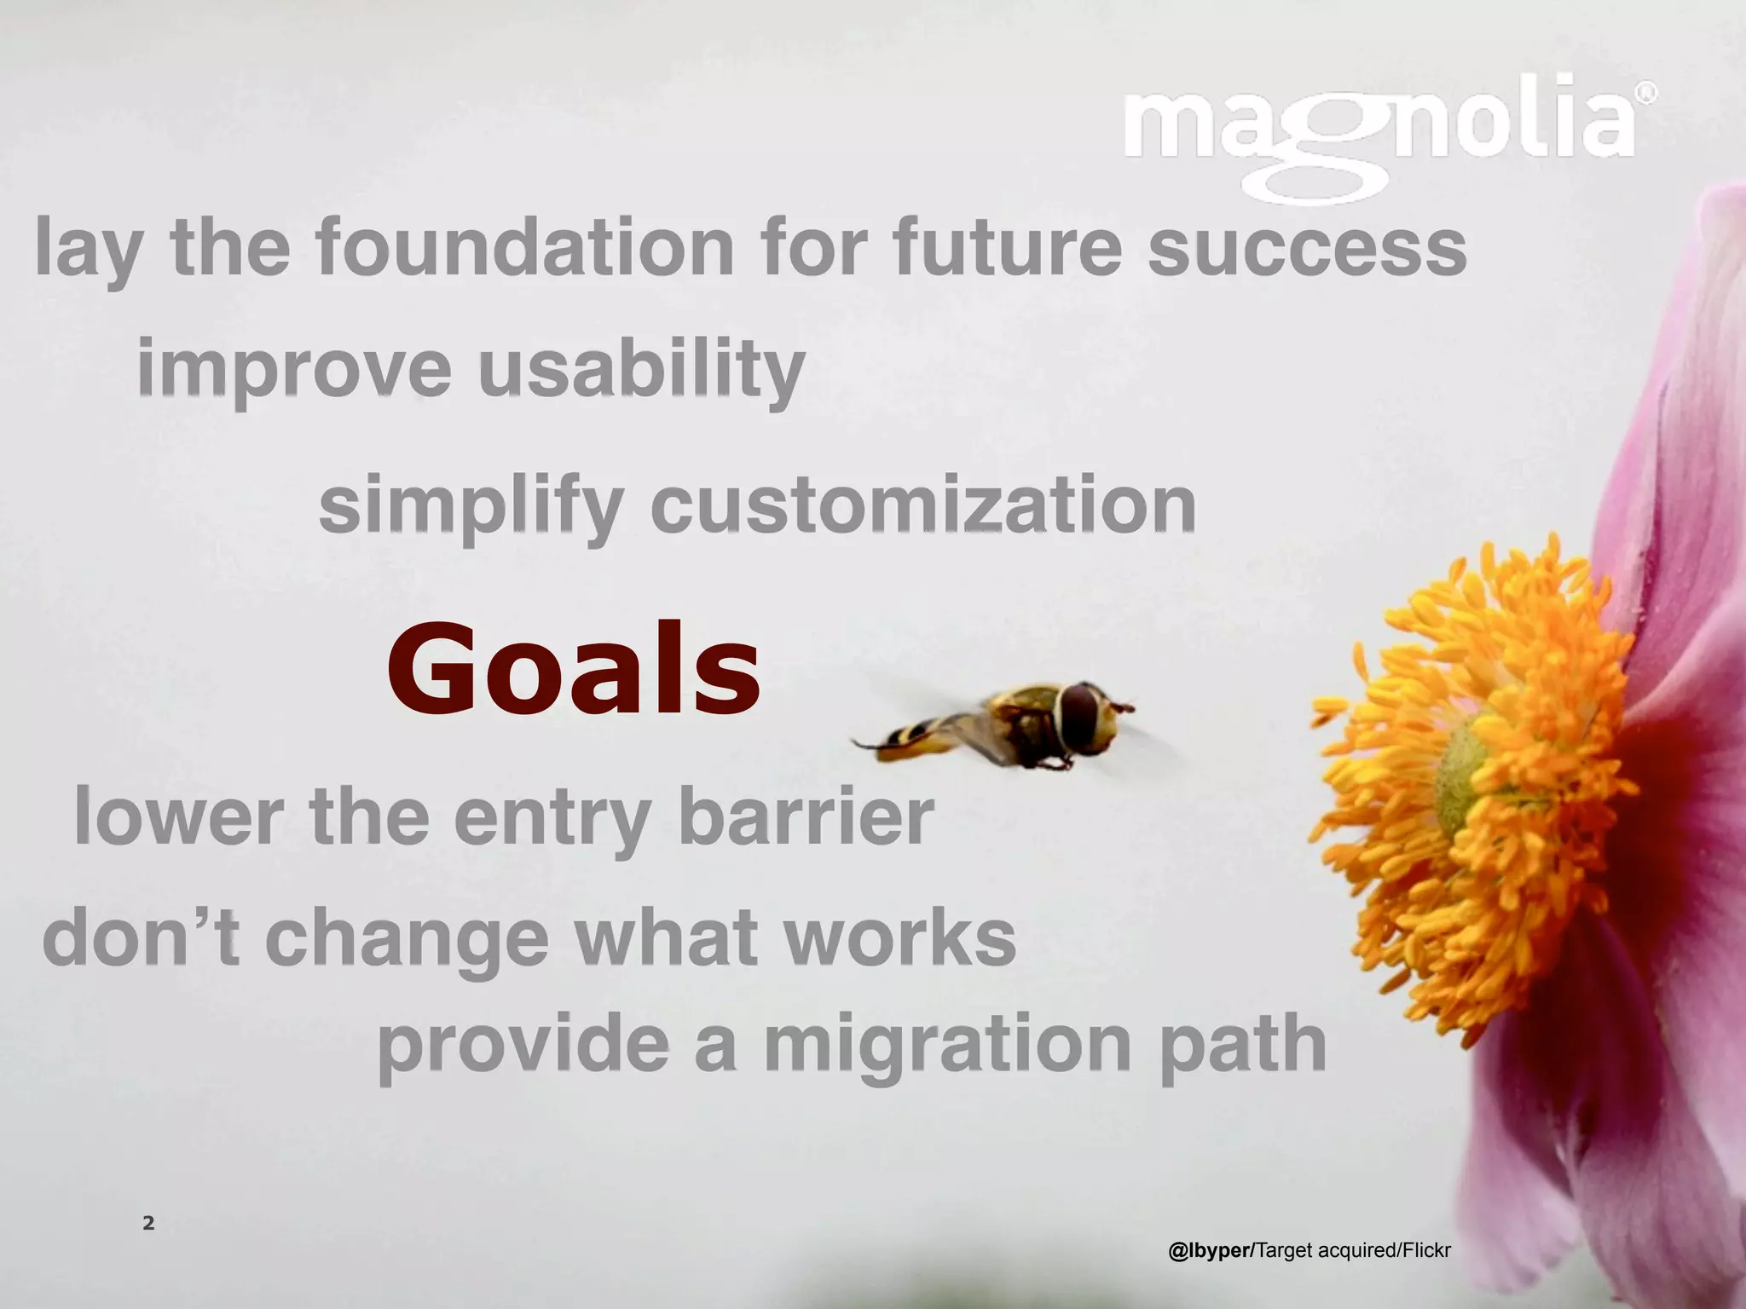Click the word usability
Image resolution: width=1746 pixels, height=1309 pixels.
641,370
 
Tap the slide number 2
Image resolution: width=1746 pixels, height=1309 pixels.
148,1224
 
